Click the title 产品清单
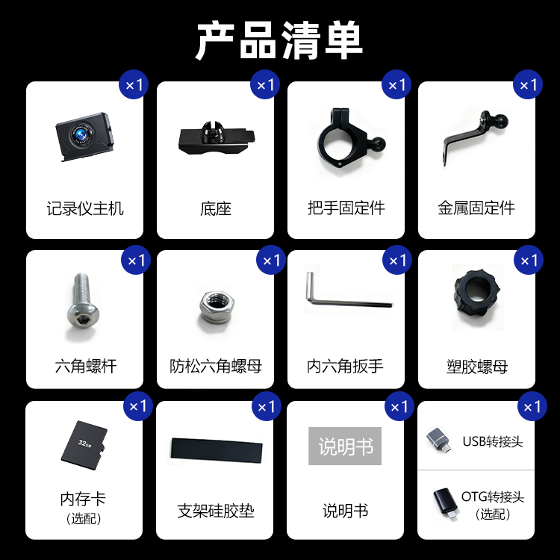[x=279, y=41]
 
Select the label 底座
[x=215, y=208]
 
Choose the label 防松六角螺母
[x=215, y=366]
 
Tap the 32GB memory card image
[x=84, y=446]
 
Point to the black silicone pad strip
[x=215, y=451]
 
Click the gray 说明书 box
[x=345, y=447]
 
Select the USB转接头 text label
[x=493, y=441]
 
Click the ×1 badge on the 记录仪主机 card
[x=134, y=85]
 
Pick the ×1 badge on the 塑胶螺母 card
[x=528, y=261]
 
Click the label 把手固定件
[x=346, y=208]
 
